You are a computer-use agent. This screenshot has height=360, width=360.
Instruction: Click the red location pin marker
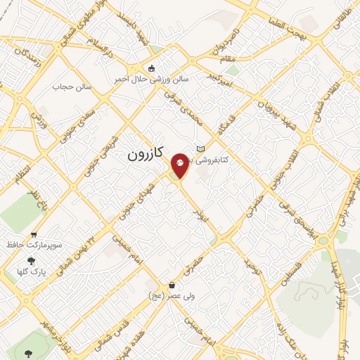coord(181,164)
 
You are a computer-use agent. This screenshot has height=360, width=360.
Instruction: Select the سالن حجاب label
coord(68,87)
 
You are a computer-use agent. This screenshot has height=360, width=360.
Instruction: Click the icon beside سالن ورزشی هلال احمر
coord(152,69)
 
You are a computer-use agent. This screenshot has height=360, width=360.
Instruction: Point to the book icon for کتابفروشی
coord(201,148)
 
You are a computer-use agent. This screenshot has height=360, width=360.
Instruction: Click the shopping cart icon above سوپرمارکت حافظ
coord(34,235)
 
